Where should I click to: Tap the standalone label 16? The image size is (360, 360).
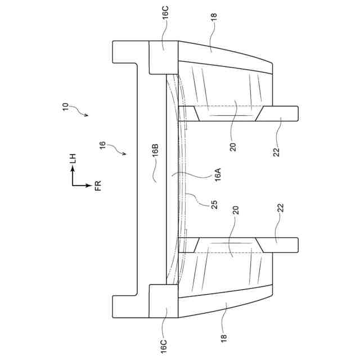point(102,147)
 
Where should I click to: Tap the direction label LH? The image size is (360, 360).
point(73,160)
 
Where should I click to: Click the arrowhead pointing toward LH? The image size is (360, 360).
point(73,171)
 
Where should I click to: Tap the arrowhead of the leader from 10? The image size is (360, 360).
point(87,116)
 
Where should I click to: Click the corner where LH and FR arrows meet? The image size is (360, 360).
point(73,184)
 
